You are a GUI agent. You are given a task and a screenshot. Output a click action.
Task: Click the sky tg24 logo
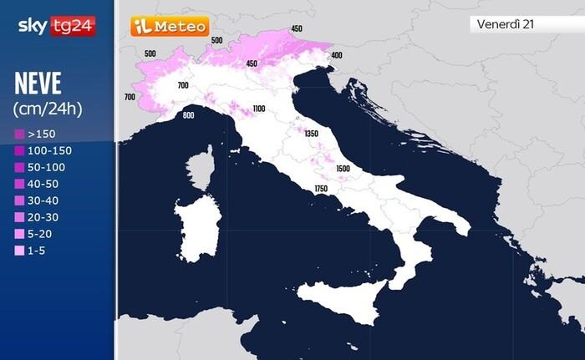[x=57, y=26]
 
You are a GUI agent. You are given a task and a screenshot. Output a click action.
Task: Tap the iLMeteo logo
[x=169, y=26]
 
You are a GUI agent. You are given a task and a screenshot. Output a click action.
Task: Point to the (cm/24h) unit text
[x=47, y=109]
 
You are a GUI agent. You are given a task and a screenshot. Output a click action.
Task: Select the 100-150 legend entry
[x=43, y=150]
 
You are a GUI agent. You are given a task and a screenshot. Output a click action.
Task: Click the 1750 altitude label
[x=321, y=190]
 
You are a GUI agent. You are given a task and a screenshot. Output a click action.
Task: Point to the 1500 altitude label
[x=343, y=168]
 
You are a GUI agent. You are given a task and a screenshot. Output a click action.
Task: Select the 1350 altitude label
[x=312, y=134]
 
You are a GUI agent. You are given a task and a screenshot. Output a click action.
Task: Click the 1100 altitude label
[x=258, y=109]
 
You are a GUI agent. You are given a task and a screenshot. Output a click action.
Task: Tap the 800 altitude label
[x=188, y=114]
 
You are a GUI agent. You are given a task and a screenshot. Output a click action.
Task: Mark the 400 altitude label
[x=337, y=55]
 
